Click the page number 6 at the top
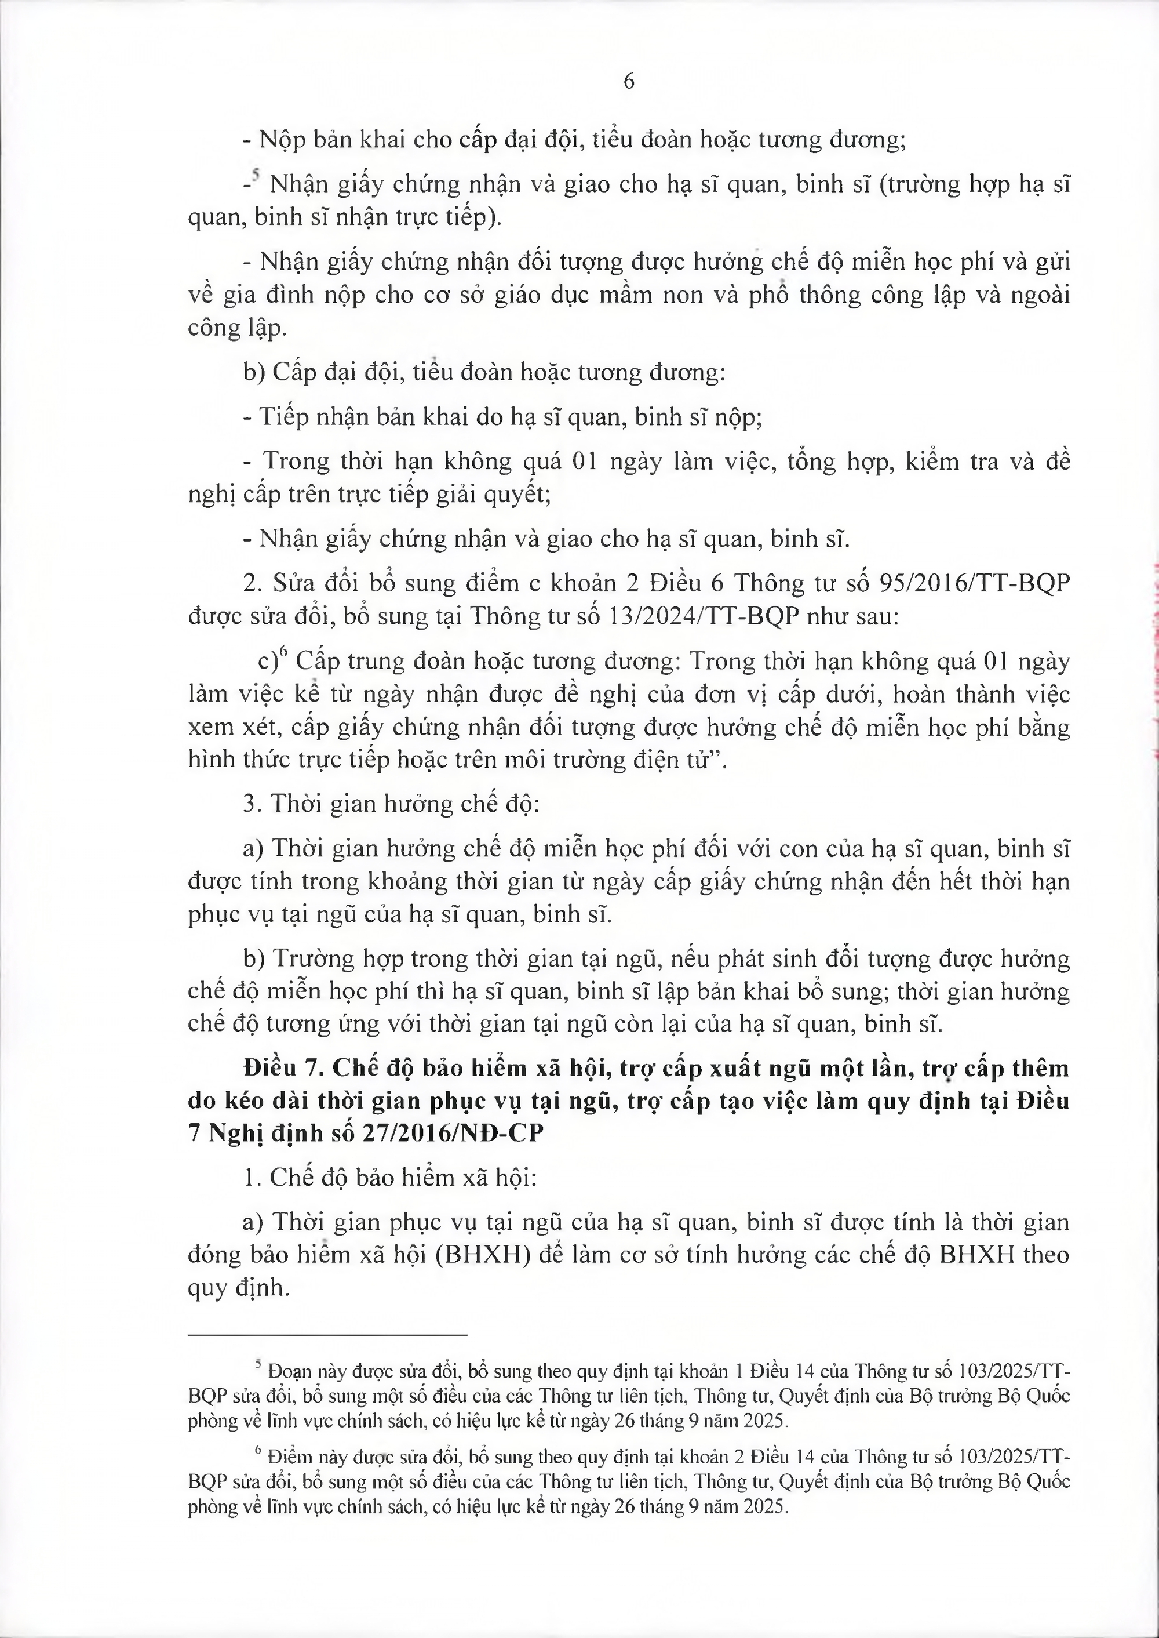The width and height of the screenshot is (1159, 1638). (629, 81)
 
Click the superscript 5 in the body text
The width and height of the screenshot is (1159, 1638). (255, 175)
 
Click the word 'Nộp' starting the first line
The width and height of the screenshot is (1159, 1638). (280, 139)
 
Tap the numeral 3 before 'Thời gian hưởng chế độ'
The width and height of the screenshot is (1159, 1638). (249, 804)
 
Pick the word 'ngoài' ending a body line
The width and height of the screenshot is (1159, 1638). (1040, 296)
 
